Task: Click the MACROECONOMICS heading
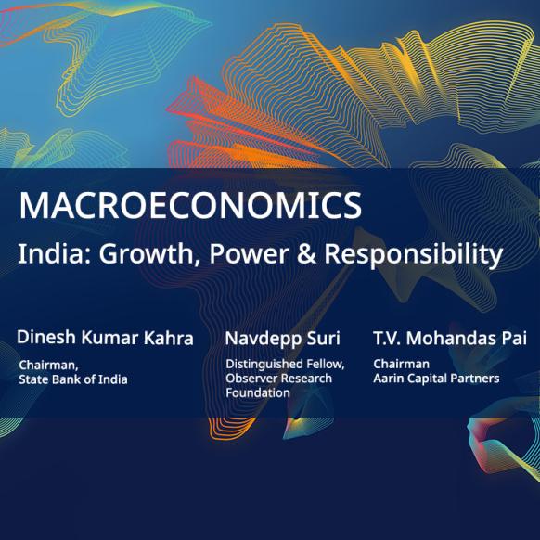click(x=190, y=205)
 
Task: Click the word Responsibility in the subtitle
click(x=414, y=255)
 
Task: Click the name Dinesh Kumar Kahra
click(x=105, y=338)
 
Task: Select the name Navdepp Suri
click(x=282, y=338)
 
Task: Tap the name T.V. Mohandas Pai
click(x=450, y=338)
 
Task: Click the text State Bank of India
click(x=73, y=379)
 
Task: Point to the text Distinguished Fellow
click(x=285, y=365)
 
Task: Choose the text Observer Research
click(x=278, y=379)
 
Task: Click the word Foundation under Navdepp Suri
click(x=258, y=393)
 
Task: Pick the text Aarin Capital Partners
click(x=436, y=379)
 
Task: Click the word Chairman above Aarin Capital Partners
click(x=401, y=364)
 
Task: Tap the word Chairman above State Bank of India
click(x=48, y=365)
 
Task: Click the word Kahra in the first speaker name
click(x=169, y=338)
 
